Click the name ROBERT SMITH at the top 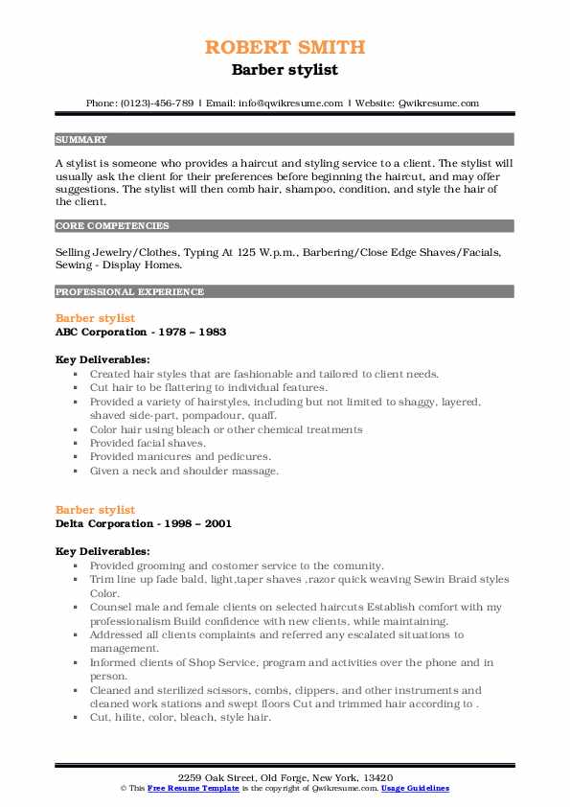[285, 47]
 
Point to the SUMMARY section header [81, 139]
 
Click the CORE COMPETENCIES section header [112, 226]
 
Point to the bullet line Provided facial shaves [148, 444]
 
